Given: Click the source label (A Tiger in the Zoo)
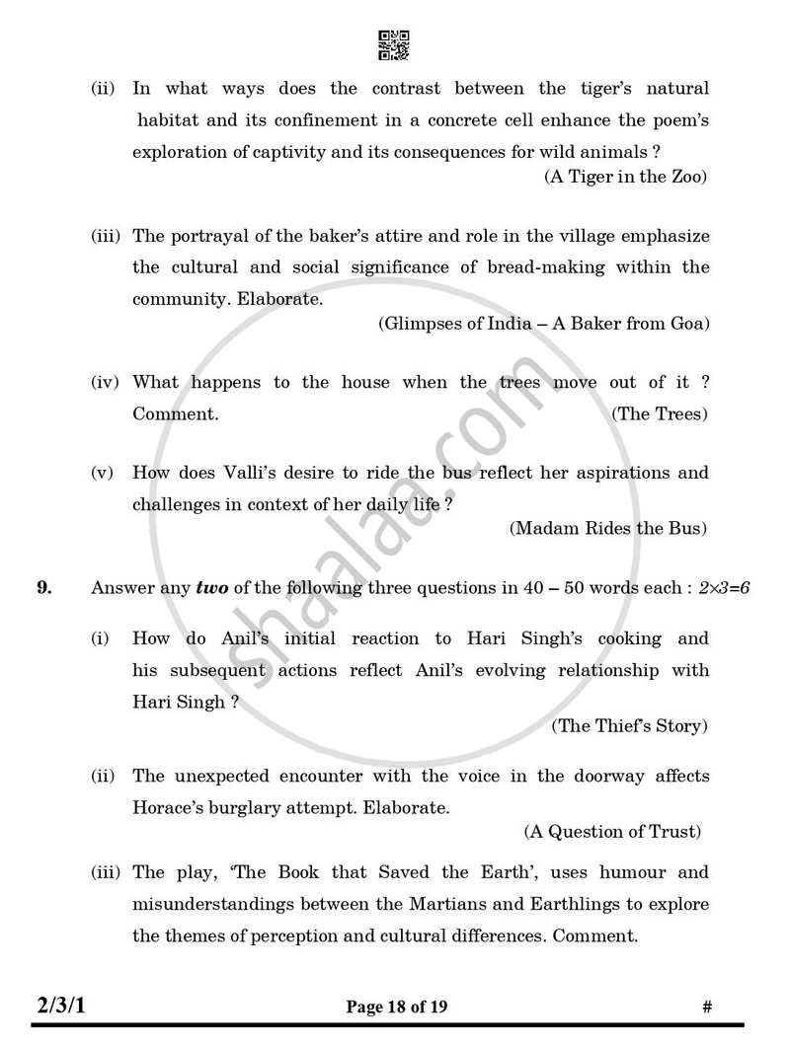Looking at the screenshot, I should (x=626, y=177).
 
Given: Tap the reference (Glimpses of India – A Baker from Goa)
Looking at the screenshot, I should (x=543, y=323).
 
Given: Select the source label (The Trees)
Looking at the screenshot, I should (x=660, y=413).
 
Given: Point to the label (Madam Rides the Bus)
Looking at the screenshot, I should (x=608, y=528).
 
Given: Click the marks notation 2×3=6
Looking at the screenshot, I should (x=724, y=588).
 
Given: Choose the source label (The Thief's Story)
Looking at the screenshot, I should (x=629, y=725).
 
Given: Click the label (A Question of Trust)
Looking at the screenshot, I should (x=612, y=832).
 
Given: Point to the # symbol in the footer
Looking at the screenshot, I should (x=707, y=1008).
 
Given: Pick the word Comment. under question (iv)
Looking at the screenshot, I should (x=175, y=413).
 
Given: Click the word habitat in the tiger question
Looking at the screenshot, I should (x=170, y=120).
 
